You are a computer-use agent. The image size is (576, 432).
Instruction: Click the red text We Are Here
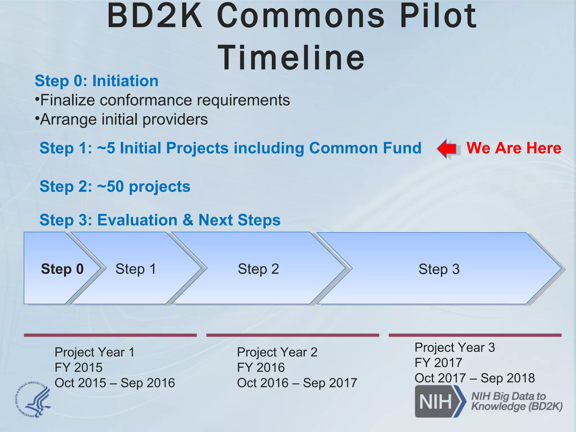click(x=514, y=148)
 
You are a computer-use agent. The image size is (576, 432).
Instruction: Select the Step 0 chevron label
click(x=62, y=269)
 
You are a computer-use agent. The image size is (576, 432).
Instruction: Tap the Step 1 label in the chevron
click(x=136, y=269)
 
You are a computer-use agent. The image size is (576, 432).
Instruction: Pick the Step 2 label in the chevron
click(x=258, y=269)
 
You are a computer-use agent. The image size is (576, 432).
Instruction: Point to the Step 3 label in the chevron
click(x=439, y=269)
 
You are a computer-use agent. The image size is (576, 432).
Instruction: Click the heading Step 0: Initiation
click(x=96, y=81)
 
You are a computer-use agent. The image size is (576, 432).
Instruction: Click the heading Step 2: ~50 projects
click(x=115, y=186)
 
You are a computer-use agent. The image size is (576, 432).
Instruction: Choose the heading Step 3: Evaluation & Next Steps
click(x=160, y=220)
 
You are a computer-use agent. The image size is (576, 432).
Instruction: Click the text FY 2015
click(x=78, y=368)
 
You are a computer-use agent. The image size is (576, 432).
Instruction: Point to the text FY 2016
click(x=261, y=368)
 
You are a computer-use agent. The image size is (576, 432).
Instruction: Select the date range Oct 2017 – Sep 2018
click(x=474, y=378)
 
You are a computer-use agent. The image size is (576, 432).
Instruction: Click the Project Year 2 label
click(x=277, y=352)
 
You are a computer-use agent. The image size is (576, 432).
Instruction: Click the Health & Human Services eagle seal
click(x=33, y=399)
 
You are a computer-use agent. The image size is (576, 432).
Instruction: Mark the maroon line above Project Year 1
click(x=110, y=335)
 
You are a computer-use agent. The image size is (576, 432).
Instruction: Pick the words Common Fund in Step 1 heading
click(x=365, y=148)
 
